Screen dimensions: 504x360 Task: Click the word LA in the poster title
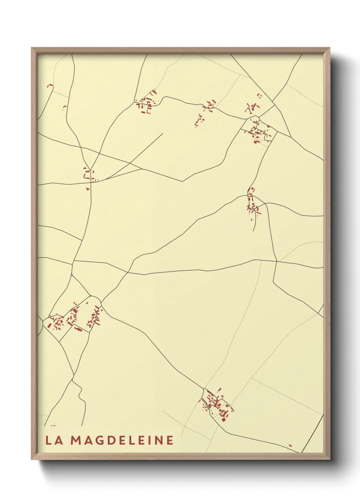(x=54, y=440)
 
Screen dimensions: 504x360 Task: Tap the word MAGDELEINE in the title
(x=122, y=440)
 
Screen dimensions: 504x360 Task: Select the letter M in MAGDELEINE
(x=76, y=440)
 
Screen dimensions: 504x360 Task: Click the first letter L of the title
(x=49, y=440)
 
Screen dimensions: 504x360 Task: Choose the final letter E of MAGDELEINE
(x=170, y=440)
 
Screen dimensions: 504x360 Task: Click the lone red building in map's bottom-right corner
(x=290, y=445)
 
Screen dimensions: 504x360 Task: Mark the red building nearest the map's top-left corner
(x=50, y=85)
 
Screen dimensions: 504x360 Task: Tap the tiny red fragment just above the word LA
(x=53, y=426)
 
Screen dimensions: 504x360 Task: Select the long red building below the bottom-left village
(x=78, y=329)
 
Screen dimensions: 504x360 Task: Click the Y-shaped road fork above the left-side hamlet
(x=90, y=169)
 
